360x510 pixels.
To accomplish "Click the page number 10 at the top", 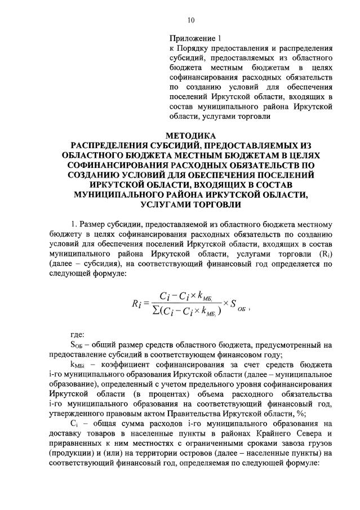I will pos(190,21).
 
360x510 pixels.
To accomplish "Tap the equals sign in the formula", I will pos(150,303).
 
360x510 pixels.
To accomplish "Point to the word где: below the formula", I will pos(77,335).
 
